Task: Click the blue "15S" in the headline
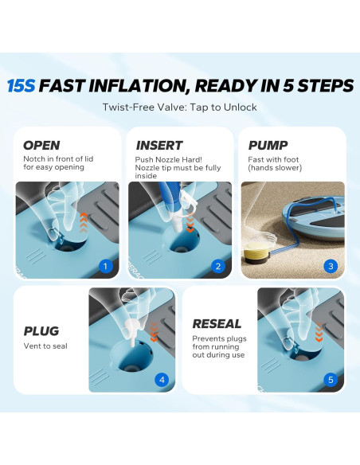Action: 21,86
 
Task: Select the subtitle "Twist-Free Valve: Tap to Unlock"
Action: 180,107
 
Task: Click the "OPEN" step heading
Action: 41,145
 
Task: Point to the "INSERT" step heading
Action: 159,145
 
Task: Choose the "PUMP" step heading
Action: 268,145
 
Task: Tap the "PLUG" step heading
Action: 41,331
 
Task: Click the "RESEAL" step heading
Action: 217,323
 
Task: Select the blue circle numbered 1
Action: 105,266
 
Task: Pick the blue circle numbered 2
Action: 218,266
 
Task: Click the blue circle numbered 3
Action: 331,266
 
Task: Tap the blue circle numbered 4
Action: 162,380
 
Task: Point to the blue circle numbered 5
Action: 331,380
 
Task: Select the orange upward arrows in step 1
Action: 84,223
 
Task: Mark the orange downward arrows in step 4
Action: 154,331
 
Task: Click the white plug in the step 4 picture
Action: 132,333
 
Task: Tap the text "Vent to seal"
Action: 45,346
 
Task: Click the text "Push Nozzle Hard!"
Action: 168,159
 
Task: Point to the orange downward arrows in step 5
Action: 319,331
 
